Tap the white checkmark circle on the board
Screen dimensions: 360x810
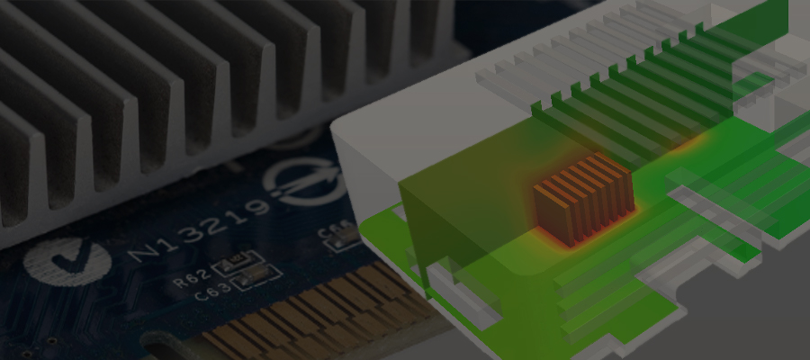pos(55,262)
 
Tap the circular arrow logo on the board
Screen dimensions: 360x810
pos(306,181)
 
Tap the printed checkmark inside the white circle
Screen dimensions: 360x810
pos(55,261)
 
